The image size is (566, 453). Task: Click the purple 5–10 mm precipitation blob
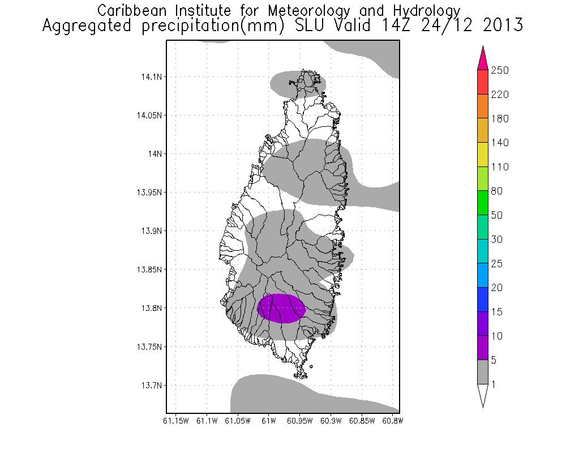pos(281,309)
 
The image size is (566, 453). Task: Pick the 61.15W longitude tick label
pos(175,421)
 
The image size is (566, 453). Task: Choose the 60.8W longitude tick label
pos(392,421)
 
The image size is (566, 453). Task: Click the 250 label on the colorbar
pos(500,70)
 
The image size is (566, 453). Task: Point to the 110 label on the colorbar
pos(500,167)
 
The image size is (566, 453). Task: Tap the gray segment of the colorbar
pos(483,372)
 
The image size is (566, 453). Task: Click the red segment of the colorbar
pos(483,82)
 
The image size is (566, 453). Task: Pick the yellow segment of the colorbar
pos(483,155)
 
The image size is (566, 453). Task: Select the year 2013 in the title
pos(502,25)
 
